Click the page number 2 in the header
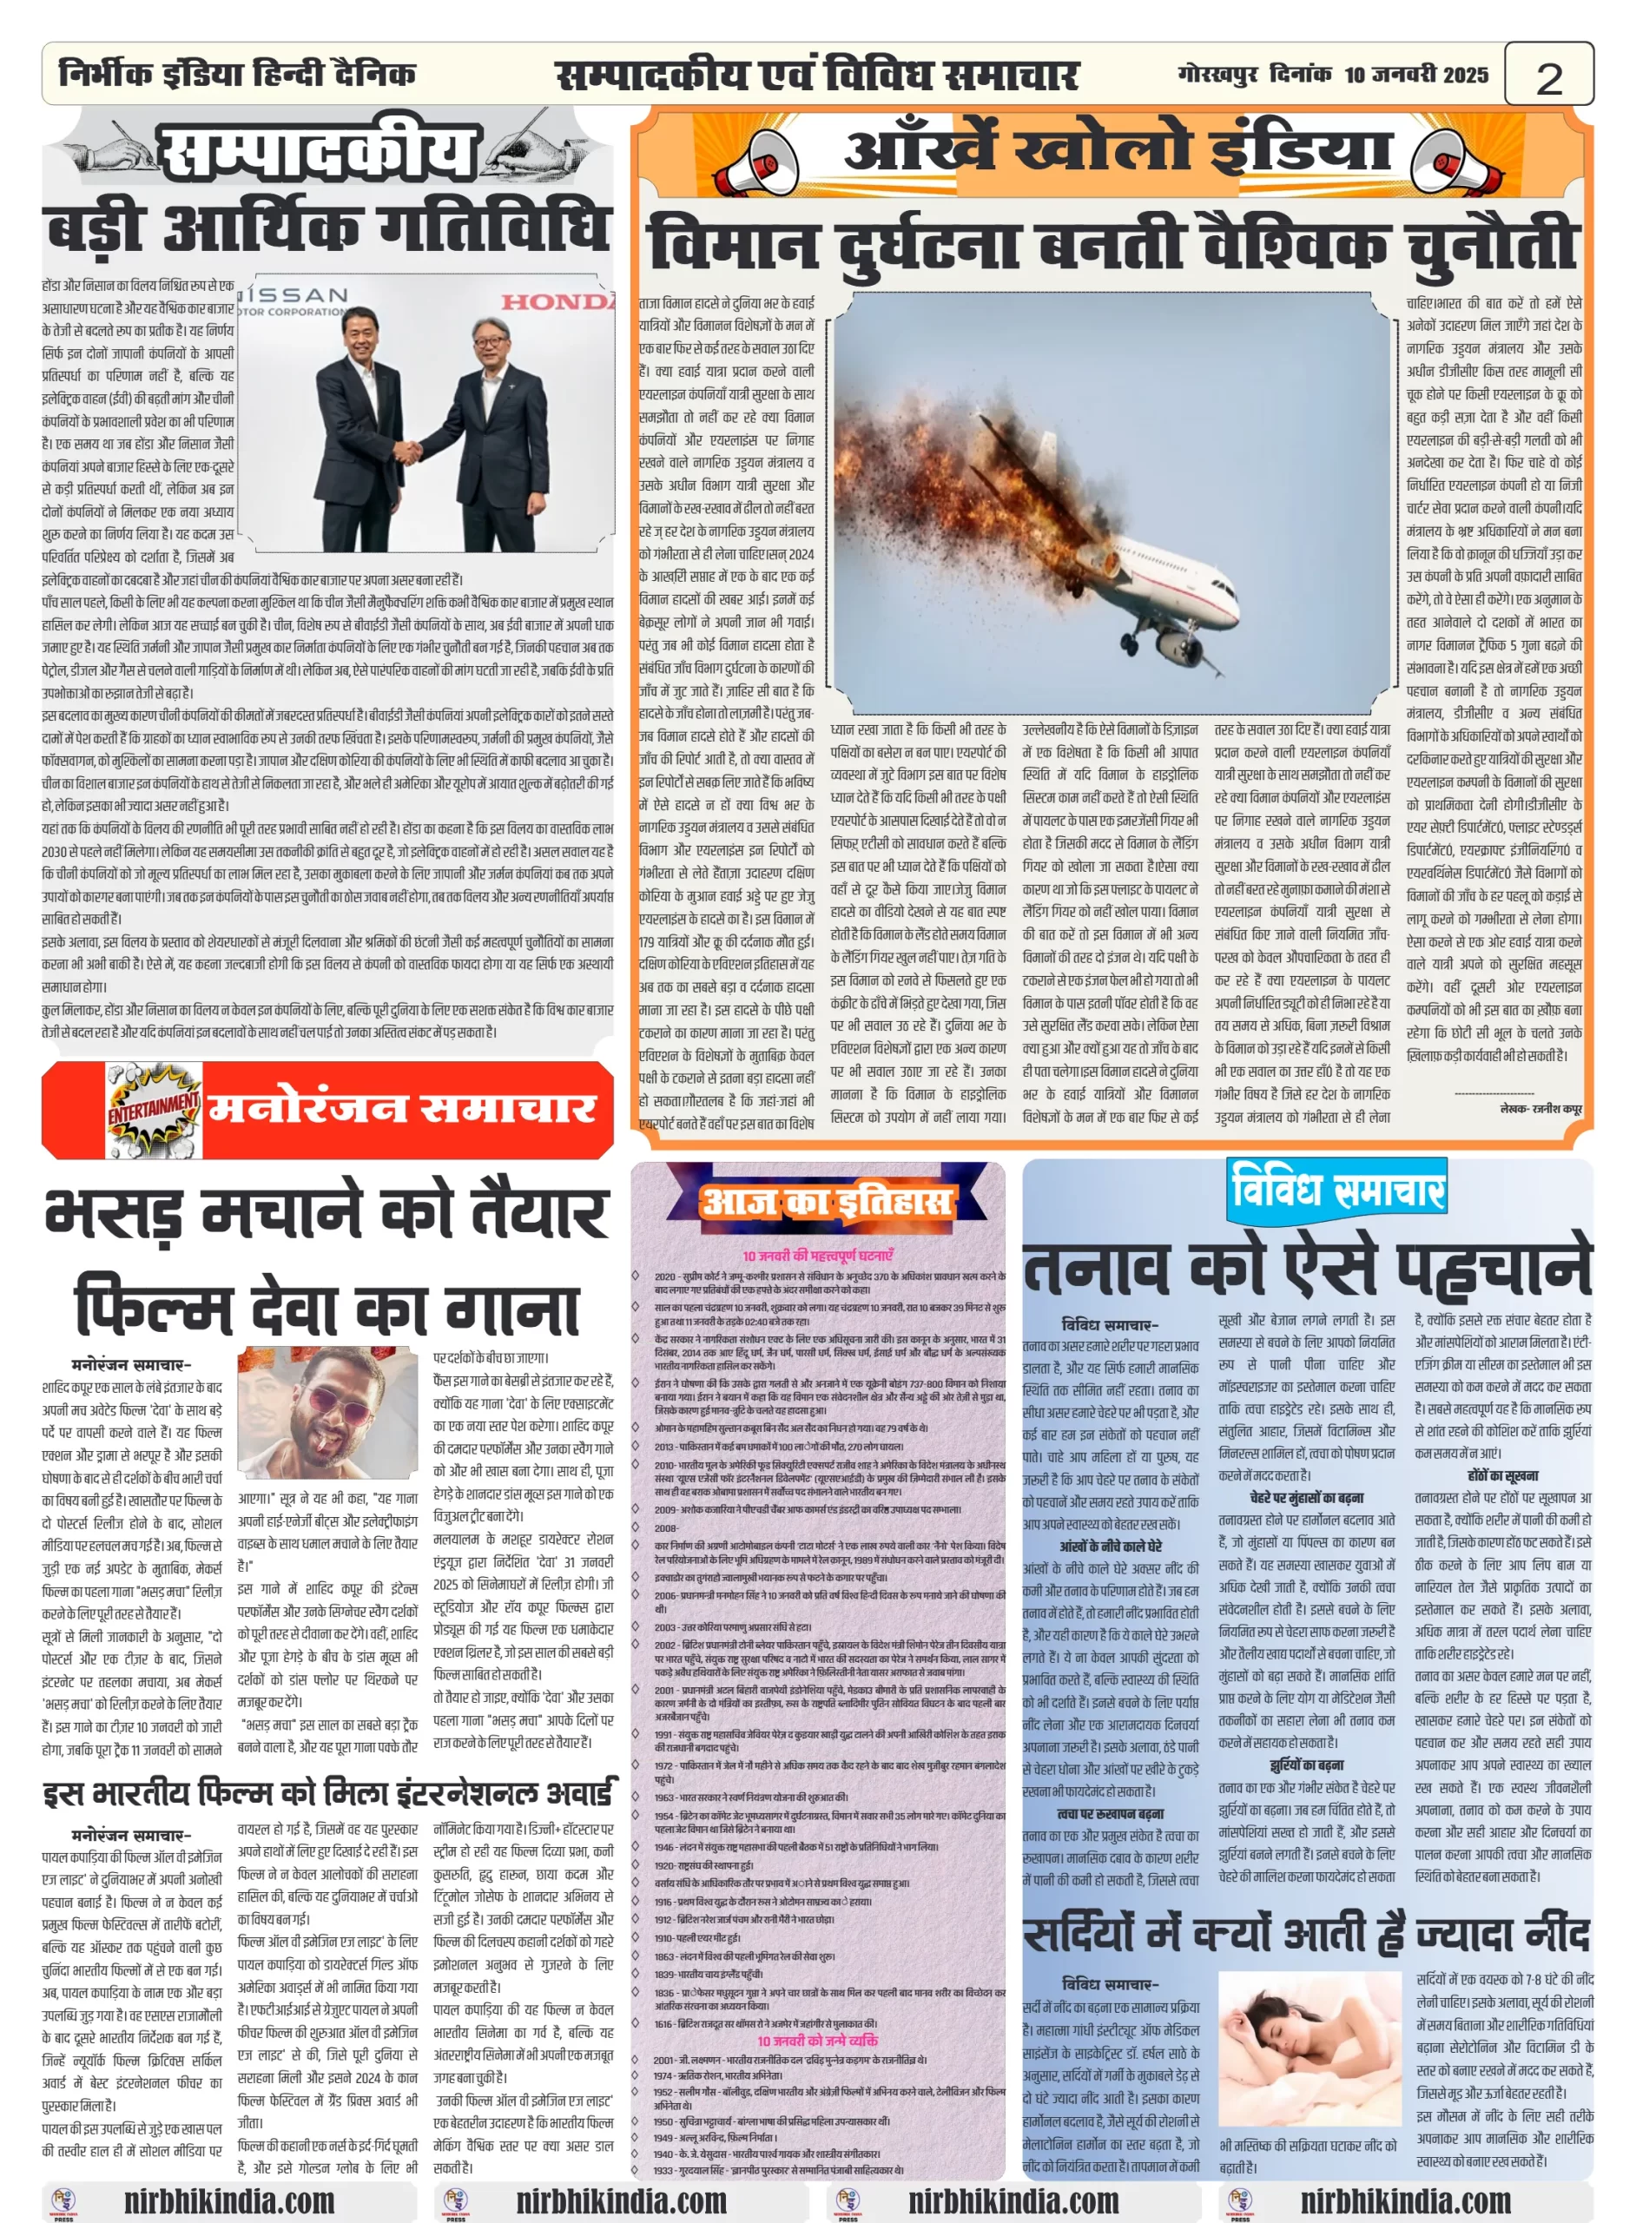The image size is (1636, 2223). [x=1548, y=76]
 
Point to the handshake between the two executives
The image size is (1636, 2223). [x=410, y=452]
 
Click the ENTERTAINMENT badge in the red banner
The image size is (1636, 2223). [x=153, y=1109]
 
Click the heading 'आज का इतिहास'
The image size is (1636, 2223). [x=827, y=1203]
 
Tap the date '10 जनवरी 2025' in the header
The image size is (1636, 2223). [x=1415, y=75]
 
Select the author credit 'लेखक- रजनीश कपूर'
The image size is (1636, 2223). [x=1540, y=1109]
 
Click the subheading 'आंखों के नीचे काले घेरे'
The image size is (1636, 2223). [x=1110, y=1547]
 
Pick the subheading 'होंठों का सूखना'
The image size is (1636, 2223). [x=1502, y=1475]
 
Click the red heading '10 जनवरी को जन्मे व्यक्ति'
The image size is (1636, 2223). [x=817, y=2041]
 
